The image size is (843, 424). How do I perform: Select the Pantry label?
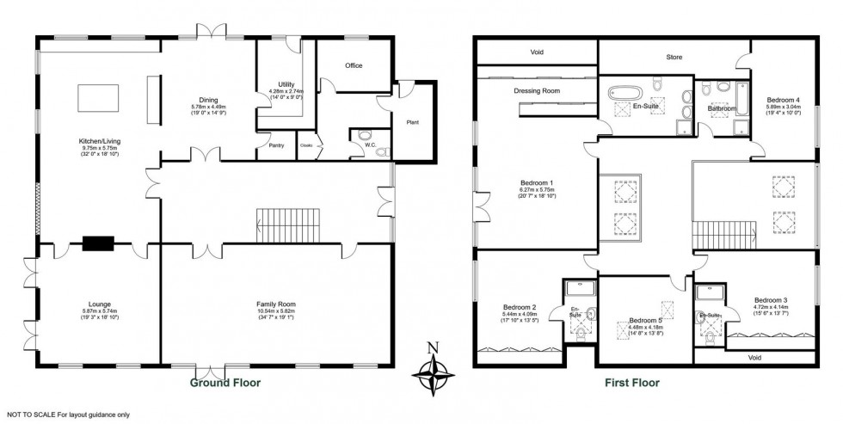pos(276,145)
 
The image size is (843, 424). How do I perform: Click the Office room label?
pos(354,65)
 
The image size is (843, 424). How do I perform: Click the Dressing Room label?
pos(537,90)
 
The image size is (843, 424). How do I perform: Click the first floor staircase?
pos(723,233)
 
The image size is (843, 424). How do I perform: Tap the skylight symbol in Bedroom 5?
pos(666,308)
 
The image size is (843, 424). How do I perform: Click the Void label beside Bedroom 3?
pos(754,357)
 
